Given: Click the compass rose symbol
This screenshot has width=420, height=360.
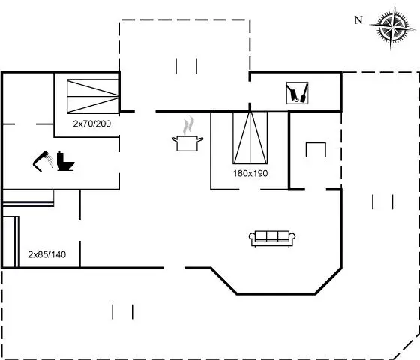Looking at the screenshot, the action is click(391, 26).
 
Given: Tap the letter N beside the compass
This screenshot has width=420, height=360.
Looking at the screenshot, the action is click(358, 20).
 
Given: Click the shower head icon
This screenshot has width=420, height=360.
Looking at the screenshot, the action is click(43, 161).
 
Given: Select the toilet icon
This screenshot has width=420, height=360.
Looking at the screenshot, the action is click(65, 161).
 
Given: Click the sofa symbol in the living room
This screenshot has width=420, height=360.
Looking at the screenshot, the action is click(272, 238).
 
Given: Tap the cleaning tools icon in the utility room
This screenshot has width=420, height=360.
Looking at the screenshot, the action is click(297, 93).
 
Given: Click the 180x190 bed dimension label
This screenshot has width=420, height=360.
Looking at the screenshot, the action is click(250, 173).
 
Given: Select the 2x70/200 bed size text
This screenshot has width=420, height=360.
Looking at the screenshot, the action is click(91, 124).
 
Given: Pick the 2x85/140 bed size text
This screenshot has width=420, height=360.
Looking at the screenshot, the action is click(46, 254).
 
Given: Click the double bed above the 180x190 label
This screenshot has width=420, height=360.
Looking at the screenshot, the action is click(250, 138).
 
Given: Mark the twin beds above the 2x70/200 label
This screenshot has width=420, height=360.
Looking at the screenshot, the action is click(93, 96).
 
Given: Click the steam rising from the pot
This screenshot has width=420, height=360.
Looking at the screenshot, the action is click(188, 126).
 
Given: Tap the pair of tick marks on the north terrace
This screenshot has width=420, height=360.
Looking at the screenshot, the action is click(187, 67).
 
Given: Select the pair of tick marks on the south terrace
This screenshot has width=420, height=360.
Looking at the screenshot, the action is click(123, 312).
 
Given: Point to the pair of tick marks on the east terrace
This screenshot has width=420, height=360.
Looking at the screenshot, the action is click(382, 202).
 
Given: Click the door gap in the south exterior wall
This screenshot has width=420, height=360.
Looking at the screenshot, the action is click(174, 268).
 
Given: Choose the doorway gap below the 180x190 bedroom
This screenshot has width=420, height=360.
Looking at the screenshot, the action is click(250, 189).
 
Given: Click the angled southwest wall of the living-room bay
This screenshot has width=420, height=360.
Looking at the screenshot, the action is click(223, 280).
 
